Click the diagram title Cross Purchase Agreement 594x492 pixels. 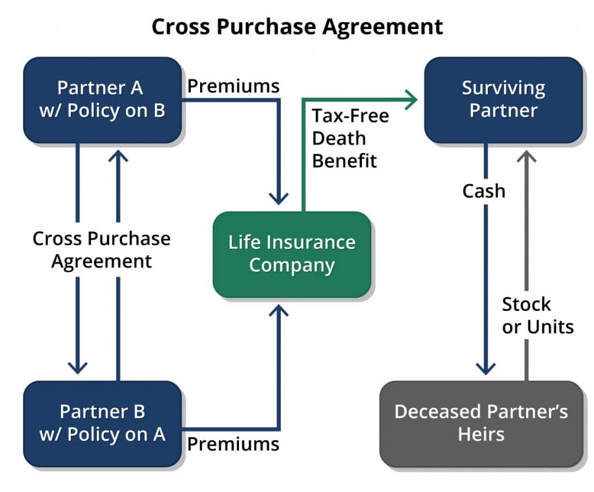coord(297,27)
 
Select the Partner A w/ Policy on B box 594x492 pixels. coord(102,100)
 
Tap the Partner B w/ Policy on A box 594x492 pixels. coord(102,424)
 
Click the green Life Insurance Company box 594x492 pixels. coord(292,254)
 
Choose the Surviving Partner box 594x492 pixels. coord(504,100)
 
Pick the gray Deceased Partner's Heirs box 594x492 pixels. coord(481,424)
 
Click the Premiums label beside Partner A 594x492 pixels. coord(233,86)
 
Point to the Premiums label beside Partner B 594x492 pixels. coord(233,444)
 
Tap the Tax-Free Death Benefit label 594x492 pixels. coord(350,138)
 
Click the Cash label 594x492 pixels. coord(484,191)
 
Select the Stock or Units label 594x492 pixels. coord(538,316)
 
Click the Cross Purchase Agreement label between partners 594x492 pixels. coord(102,250)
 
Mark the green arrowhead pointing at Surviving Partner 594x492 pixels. coord(411,100)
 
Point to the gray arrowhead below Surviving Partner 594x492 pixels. coord(527,156)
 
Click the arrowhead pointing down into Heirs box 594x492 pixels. coord(486,368)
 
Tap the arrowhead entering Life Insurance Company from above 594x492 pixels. coord(279,198)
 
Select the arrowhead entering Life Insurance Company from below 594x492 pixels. coord(279,310)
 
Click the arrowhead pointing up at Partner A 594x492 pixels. coord(118,156)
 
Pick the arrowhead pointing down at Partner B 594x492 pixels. coord(78,368)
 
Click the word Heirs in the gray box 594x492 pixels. coord(481,435)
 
